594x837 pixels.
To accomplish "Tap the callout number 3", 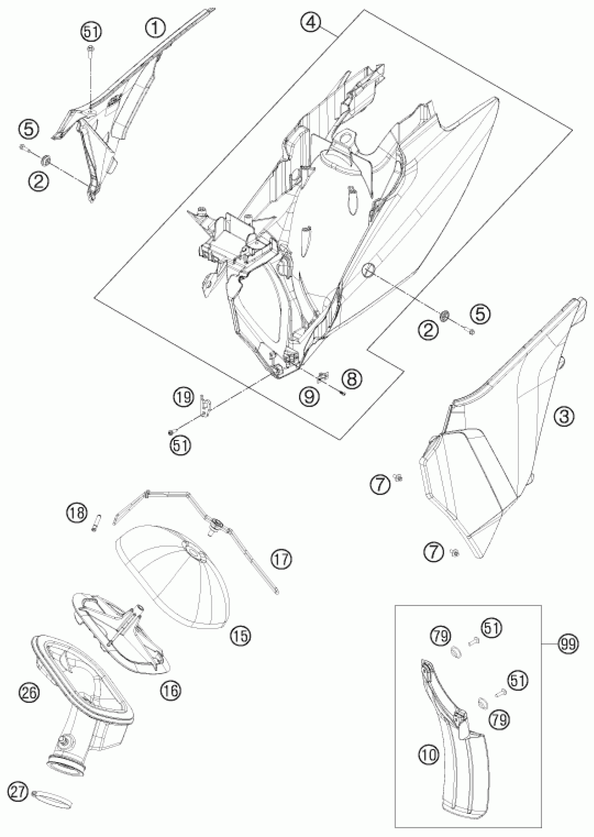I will [564, 417].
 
